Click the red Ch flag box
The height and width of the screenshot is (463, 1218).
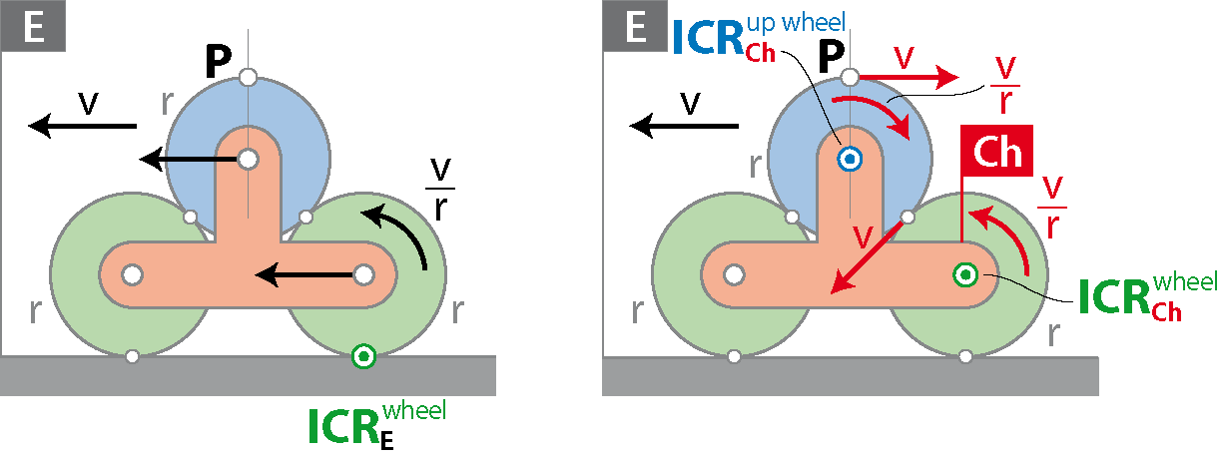pos(996,151)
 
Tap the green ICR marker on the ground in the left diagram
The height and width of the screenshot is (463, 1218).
pos(363,356)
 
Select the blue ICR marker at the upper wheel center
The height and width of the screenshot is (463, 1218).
pos(850,160)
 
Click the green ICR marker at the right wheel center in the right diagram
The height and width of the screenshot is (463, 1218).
pos(965,275)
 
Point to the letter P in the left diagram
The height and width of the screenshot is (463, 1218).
pos(219,61)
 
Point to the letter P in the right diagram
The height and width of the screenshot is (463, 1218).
pos(832,57)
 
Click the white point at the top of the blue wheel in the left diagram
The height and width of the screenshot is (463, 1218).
pos(248,77)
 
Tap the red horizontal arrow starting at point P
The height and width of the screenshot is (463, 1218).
pos(909,78)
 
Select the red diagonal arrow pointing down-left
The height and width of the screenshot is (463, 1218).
pos(867,258)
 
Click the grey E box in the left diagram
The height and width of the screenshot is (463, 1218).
pos(33,26)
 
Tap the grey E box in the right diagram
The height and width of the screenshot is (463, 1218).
pos(635,26)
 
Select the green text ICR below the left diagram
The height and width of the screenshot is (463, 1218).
pos(343,427)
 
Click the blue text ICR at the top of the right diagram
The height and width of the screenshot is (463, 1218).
pos(708,38)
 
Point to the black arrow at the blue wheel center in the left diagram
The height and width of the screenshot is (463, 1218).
pos(189,160)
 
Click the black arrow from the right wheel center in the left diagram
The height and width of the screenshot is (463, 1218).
pos(304,275)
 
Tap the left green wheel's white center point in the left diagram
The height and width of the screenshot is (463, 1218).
pos(132,275)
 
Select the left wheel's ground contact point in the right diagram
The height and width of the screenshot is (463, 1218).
pos(734,356)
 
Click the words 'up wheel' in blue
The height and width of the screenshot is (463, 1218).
pos(796,24)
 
